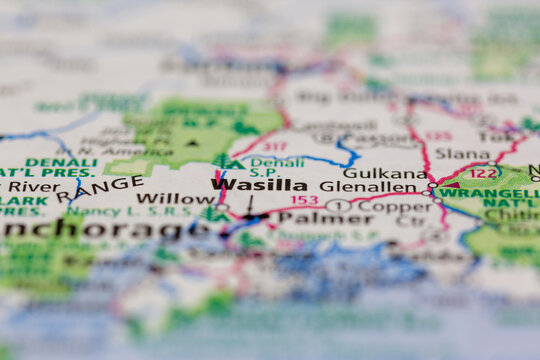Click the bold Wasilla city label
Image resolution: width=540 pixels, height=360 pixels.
[x=259, y=185]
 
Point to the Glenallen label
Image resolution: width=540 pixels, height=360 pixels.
[x=368, y=186]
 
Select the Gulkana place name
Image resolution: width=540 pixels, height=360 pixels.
[x=370, y=172]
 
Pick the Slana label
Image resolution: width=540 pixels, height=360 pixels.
[x=462, y=154]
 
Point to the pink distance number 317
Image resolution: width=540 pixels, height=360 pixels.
[x=274, y=147]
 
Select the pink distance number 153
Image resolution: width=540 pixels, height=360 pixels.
[x=304, y=201]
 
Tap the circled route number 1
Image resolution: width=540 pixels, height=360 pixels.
[x=339, y=206]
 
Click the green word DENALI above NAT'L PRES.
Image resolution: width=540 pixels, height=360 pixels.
[x=61, y=162]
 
